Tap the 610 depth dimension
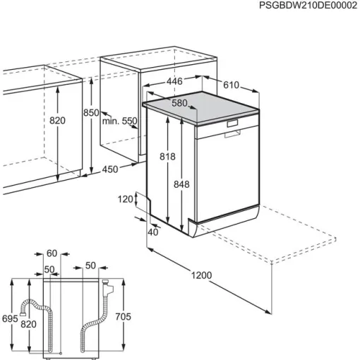pyautogui.click(x=231, y=85)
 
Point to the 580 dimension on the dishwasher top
pyautogui.click(x=180, y=104)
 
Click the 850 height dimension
pyautogui.click(x=91, y=113)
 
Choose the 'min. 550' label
pyautogui.click(x=119, y=121)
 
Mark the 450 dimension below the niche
pyautogui.click(x=109, y=169)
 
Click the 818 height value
pyautogui.click(x=167, y=157)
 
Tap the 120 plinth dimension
pyautogui.click(x=125, y=200)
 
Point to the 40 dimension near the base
pyautogui.click(x=153, y=232)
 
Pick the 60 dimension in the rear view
pyautogui.click(x=51, y=253)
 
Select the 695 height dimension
pyautogui.click(x=10, y=319)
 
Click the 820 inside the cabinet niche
pyautogui.click(x=57, y=121)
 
